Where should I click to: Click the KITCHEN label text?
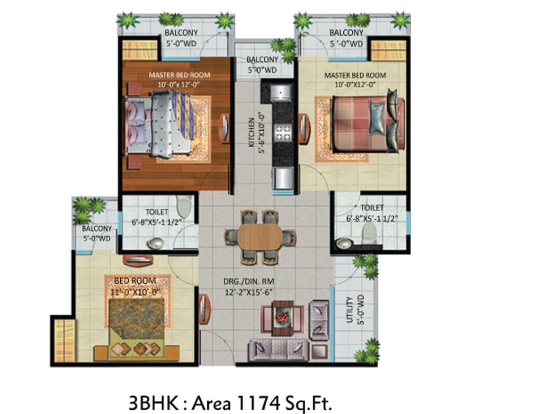click(252, 132)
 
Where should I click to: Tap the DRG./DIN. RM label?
click(249, 282)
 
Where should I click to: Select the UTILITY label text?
click(350, 309)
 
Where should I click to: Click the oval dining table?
click(260, 237)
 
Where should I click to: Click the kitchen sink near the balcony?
click(281, 92)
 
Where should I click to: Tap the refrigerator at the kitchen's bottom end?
click(282, 178)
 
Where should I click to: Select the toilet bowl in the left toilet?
click(184, 206)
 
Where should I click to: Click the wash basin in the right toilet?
click(344, 244)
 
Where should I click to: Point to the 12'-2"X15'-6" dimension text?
click(249, 292)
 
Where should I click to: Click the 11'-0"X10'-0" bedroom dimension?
click(136, 292)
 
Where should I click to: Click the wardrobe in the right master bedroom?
click(389, 50)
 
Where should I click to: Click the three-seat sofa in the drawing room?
click(279, 350)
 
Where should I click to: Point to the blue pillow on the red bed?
click(377, 118)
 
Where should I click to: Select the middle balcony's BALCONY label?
click(262, 59)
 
